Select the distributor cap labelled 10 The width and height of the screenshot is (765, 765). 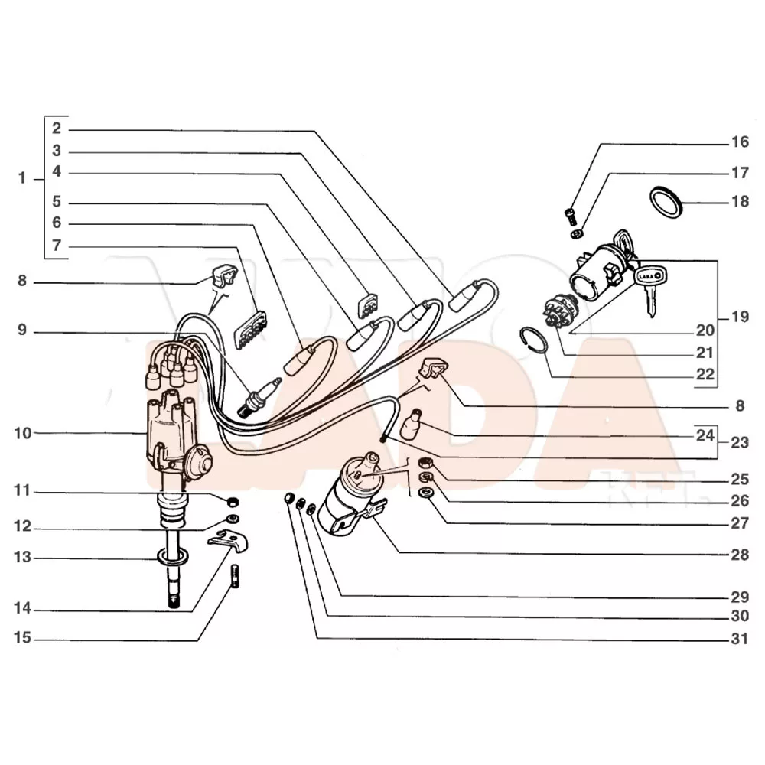click(x=168, y=424)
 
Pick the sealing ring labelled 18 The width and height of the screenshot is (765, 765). click(x=666, y=202)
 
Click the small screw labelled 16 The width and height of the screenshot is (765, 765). click(x=570, y=216)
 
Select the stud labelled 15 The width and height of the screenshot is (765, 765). click(x=235, y=576)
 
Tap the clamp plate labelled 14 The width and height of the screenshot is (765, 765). click(x=228, y=541)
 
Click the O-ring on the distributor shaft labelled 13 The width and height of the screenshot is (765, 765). click(x=173, y=557)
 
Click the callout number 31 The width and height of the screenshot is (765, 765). click(x=740, y=639)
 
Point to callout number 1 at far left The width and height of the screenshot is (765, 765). click(x=22, y=178)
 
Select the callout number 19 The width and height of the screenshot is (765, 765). click(x=740, y=317)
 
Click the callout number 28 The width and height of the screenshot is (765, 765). click(x=740, y=555)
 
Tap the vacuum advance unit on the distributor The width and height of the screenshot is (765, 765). click(x=197, y=464)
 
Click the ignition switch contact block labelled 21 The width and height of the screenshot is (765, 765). click(x=555, y=313)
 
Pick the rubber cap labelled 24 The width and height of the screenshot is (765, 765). click(x=410, y=424)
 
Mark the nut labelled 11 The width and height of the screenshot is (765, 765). click(x=233, y=501)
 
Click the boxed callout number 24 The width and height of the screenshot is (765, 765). click(x=705, y=435)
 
